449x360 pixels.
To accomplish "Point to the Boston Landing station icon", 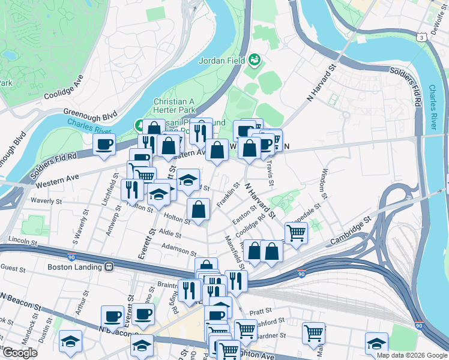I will (109, 267).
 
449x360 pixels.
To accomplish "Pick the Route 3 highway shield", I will (423, 38).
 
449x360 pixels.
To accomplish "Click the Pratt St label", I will (261, 312).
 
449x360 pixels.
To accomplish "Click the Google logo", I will (20, 353).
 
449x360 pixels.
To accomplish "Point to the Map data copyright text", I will (412, 355).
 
